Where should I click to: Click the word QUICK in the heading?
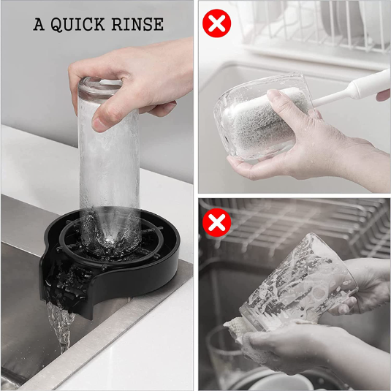click(77, 24)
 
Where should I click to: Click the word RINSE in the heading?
click(137, 24)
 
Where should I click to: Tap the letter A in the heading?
click(39, 24)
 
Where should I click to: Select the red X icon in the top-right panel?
click(217, 23)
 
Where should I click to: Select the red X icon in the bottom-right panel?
click(216, 222)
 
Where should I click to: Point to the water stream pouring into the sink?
click(61, 327)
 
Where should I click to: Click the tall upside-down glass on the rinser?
click(109, 164)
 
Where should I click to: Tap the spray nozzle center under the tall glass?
click(110, 240)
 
